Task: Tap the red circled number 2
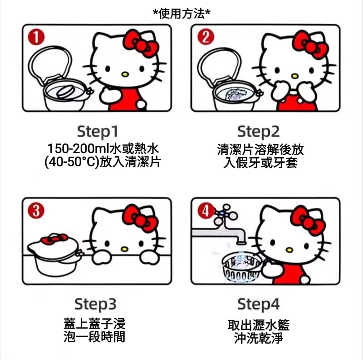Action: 206,37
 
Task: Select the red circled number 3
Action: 36,211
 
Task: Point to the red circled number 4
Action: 205,211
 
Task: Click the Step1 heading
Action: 97,132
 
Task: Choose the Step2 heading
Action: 258,132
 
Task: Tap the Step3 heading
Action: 95,305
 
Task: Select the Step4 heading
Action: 258,305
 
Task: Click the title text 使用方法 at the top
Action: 182,14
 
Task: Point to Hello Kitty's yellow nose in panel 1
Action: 125,74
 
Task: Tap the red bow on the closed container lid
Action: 54,239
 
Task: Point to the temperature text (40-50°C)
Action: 72,162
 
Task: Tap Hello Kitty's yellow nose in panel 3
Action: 124,249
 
